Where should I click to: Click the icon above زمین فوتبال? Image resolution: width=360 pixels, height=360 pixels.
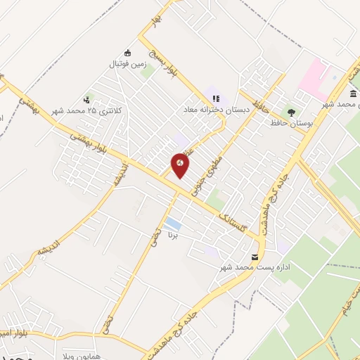coord(127,52)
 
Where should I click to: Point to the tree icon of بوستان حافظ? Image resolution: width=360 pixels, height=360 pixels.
coord(290,112)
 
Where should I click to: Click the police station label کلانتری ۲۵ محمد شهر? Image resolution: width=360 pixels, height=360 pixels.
coord(90,110)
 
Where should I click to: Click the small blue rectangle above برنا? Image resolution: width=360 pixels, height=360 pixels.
coord(172,225)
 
